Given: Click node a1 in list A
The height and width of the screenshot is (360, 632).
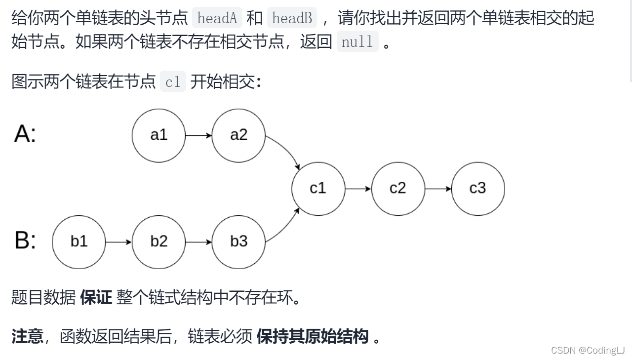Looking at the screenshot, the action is pos(158,135).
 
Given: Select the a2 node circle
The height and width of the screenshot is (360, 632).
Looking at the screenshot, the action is pos(238,135).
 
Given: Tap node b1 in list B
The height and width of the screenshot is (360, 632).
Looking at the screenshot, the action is pos(79,241).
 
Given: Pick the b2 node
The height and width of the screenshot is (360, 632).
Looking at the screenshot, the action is pos(158,241).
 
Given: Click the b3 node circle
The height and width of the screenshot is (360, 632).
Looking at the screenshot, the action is pos(238,241).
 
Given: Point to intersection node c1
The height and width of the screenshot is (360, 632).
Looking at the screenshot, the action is pos(318,188).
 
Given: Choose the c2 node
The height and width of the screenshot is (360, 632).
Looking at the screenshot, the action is pos(398,188).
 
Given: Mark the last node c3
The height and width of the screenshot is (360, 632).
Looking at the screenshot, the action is pos(478,188).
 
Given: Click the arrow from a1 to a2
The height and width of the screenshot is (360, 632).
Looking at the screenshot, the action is pos(198,135).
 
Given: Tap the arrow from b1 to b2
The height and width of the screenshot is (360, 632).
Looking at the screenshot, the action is pos(118,241).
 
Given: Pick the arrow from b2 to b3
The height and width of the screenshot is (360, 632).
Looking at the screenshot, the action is pos(198,241).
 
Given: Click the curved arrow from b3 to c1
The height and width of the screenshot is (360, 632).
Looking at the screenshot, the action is pos(286,226).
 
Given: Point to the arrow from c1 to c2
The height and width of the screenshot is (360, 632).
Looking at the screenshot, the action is pos(358,188).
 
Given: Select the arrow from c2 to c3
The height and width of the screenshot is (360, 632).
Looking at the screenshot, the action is pos(438,188).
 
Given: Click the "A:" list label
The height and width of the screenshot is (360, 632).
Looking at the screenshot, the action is pos(25,134).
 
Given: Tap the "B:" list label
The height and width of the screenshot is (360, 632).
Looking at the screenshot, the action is pos(25,241).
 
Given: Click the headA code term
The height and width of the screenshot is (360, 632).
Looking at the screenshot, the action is pos(217,18).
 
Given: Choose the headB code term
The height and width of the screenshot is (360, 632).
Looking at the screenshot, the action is pos(292,18).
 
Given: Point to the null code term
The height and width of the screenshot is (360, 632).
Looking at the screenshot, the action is pos(357,42).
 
